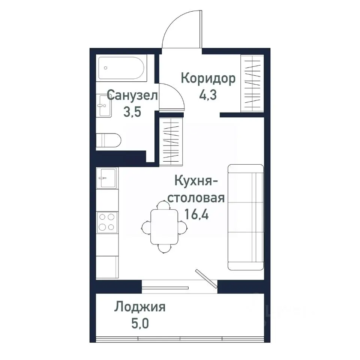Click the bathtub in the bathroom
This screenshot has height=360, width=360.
pos(121,68)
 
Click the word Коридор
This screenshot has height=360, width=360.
pos(208,79)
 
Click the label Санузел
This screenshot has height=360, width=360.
pos(132,95)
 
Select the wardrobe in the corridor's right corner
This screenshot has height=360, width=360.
pos(252,83)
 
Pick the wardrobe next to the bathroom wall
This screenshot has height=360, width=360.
pos(171,141)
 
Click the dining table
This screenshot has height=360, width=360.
pos(164,226)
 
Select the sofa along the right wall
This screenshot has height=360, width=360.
pos(246,217)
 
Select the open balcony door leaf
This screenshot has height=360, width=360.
pos(206,279)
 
